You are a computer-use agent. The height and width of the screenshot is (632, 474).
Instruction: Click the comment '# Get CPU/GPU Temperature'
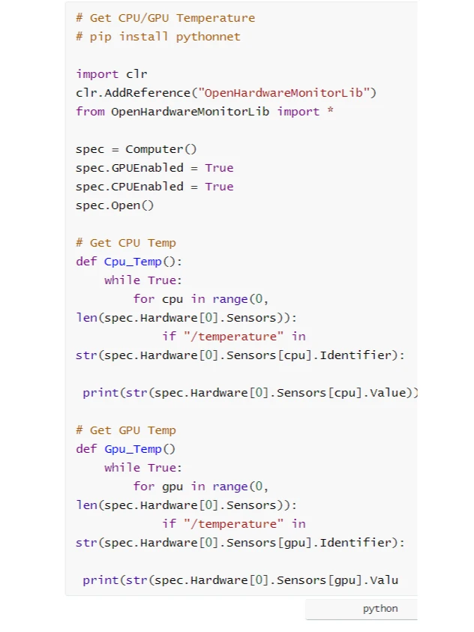pos(165,18)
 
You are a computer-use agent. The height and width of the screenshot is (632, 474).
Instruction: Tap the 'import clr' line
pos(112,74)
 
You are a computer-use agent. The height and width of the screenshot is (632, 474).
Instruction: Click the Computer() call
pos(161,149)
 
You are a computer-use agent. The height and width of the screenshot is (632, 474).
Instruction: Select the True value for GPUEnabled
pos(219,168)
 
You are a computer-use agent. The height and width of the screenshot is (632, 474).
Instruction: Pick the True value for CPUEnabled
pos(219,187)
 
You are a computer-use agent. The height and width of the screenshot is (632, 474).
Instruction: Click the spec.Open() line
pos(115,205)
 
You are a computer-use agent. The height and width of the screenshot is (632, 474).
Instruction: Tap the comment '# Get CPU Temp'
pos(126,243)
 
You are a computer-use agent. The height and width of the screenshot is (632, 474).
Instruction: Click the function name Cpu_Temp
pos(133,262)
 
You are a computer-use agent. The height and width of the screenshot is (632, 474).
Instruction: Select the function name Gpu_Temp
pos(133,449)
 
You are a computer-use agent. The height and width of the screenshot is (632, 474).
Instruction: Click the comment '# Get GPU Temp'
pos(126,430)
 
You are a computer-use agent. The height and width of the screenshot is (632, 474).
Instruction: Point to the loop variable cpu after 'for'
pos(172,299)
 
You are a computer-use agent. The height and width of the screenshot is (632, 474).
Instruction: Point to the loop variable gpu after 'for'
pos(172,487)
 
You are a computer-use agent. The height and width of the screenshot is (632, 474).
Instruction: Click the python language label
pos(380,609)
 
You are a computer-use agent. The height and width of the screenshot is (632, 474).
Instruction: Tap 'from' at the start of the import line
pos(90,112)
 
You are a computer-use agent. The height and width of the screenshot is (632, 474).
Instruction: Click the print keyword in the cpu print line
pos(100,393)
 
